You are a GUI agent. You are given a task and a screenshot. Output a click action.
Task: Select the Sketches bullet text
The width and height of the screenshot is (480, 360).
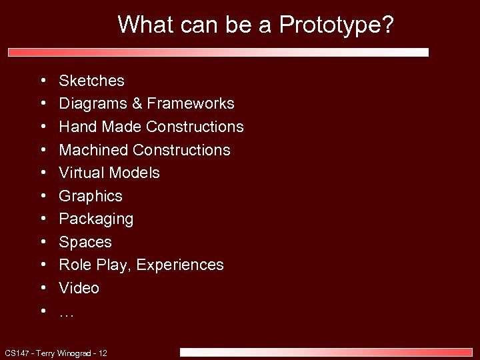coord(91,81)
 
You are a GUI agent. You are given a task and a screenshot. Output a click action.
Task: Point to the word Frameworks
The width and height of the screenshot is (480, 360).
coord(191,104)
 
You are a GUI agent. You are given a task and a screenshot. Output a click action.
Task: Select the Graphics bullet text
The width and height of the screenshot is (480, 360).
coord(91,196)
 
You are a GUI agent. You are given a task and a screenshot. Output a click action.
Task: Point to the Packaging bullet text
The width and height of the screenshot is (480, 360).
coord(96,219)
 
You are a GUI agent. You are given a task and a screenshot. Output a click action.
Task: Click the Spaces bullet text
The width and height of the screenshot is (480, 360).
coord(85,242)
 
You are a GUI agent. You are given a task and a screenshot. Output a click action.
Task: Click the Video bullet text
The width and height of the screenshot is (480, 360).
coord(79,288)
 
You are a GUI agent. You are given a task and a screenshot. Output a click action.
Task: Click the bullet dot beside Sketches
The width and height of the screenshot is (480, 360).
coord(42,81)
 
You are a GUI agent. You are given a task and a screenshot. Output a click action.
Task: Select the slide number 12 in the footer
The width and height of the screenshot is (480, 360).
coord(103,353)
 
